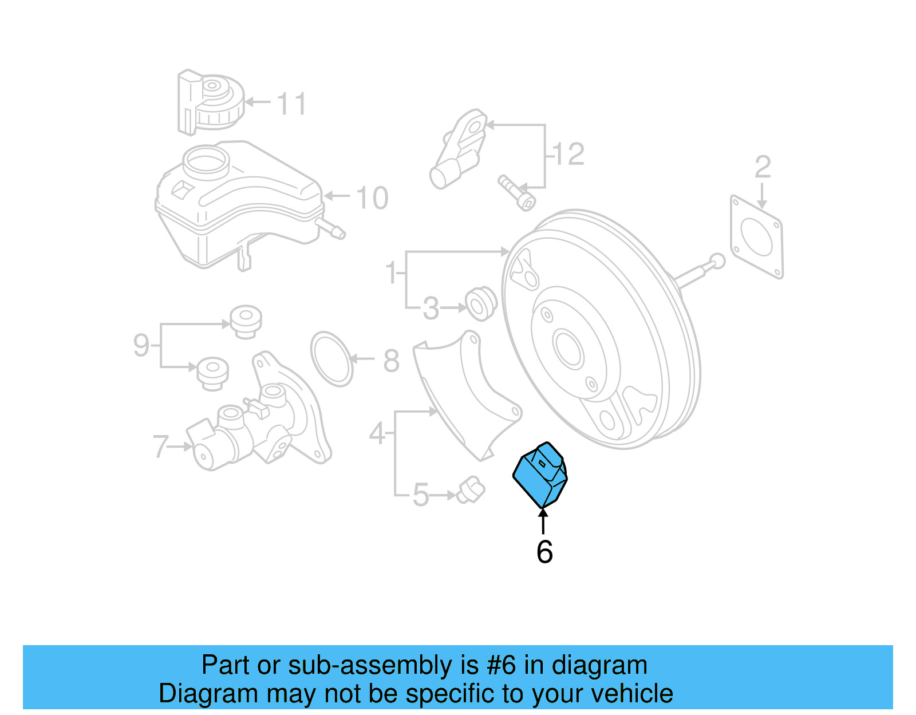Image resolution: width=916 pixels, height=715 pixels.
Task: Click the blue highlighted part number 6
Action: click(539, 475)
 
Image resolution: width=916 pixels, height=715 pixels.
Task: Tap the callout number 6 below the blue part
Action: click(544, 552)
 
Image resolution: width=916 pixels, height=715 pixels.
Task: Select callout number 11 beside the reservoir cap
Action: click(291, 104)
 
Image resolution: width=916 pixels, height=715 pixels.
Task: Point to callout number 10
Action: click(372, 198)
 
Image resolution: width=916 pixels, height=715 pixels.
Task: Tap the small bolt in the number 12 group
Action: click(516, 193)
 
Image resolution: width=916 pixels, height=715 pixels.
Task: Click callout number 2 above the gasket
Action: click(763, 167)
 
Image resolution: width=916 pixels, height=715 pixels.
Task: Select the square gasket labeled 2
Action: click(757, 236)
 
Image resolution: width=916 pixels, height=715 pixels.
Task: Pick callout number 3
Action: click(431, 309)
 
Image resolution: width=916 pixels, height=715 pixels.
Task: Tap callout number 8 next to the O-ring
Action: click(392, 361)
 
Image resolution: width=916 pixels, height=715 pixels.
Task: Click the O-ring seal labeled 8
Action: click(332, 359)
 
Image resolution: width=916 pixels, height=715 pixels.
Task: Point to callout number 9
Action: click(141, 345)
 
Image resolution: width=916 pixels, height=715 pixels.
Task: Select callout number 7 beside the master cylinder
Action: click(160, 447)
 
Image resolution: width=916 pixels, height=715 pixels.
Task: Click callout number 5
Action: click(421, 495)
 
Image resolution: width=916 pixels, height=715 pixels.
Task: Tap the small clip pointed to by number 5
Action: click(471, 489)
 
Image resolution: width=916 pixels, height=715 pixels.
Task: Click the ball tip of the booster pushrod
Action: click(717, 262)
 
